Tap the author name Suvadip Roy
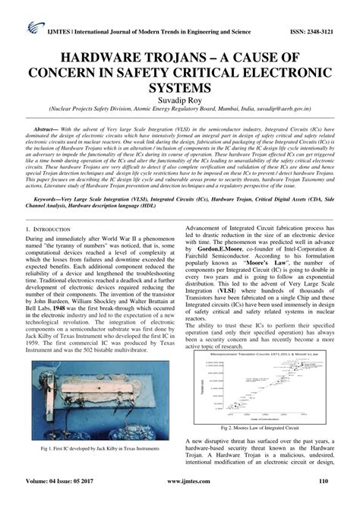(179, 99)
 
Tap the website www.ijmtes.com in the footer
(180, 501)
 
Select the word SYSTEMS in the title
(179, 87)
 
